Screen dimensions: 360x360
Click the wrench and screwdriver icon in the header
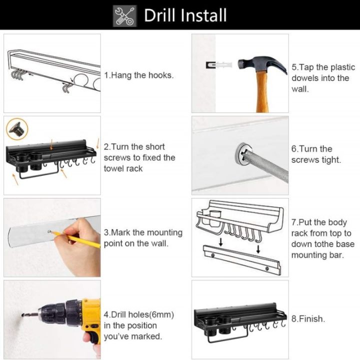(125, 15)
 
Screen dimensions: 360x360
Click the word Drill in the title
(161, 15)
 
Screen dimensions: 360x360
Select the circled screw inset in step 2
(17, 129)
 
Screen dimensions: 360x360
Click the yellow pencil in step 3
(80, 239)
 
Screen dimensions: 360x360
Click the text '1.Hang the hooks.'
(138, 75)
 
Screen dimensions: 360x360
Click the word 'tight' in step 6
(329, 160)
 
